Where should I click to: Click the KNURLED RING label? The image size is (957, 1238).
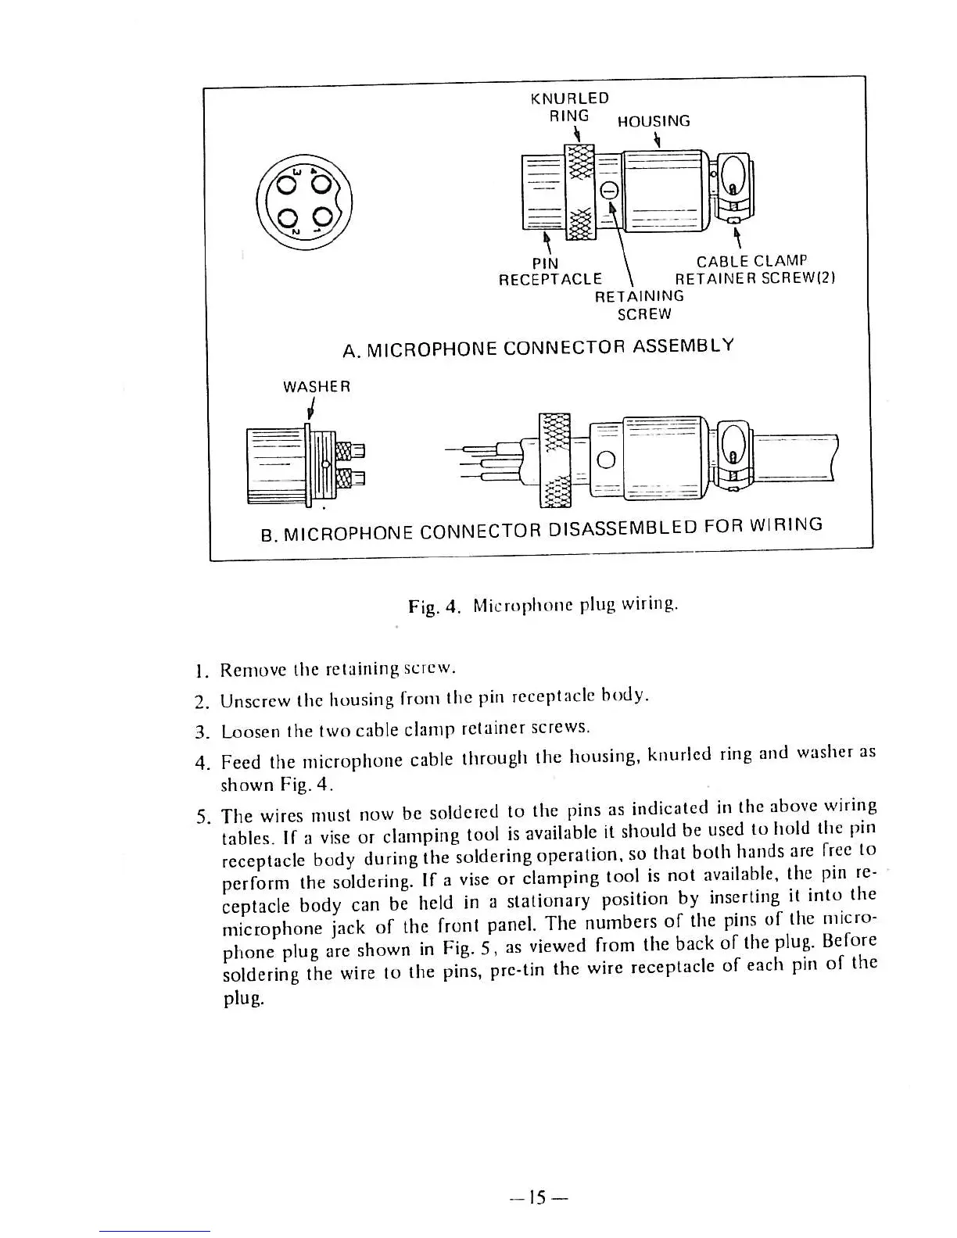click(568, 107)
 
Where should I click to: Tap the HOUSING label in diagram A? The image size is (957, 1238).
click(654, 121)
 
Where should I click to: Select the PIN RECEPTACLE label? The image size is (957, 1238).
click(550, 270)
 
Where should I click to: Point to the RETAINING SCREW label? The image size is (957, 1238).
click(640, 305)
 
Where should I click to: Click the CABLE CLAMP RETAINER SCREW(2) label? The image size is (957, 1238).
click(755, 270)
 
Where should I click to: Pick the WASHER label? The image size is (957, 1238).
click(317, 386)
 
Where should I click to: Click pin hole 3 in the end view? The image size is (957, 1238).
click(286, 184)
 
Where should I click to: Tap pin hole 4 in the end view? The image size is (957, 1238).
click(321, 184)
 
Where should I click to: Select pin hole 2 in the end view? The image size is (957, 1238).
click(286, 218)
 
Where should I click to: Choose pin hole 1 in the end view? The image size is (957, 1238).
click(321, 218)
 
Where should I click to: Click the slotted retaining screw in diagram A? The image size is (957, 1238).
click(610, 190)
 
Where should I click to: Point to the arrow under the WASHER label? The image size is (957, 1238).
click(311, 410)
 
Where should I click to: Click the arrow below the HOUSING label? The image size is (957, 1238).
click(658, 141)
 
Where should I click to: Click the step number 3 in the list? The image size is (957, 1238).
click(199, 732)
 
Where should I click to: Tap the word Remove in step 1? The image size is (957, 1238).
click(246, 670)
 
